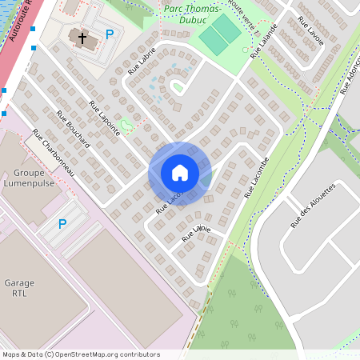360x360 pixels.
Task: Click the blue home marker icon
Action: coord(180,173)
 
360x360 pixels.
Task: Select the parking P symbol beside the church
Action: coord(110,34)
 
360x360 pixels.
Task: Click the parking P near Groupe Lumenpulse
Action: coord(62,225)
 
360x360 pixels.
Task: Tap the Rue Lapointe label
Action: coord(104,118)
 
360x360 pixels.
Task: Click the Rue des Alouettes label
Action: coord(312,206)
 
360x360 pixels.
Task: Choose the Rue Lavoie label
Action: coord(310,30)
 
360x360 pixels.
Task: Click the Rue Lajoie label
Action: coord(196,233)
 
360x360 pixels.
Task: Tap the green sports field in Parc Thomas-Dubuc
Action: coord(219,32)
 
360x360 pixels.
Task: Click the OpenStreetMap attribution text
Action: coord(81,354)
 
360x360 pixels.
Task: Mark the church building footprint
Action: coord(81,38)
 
